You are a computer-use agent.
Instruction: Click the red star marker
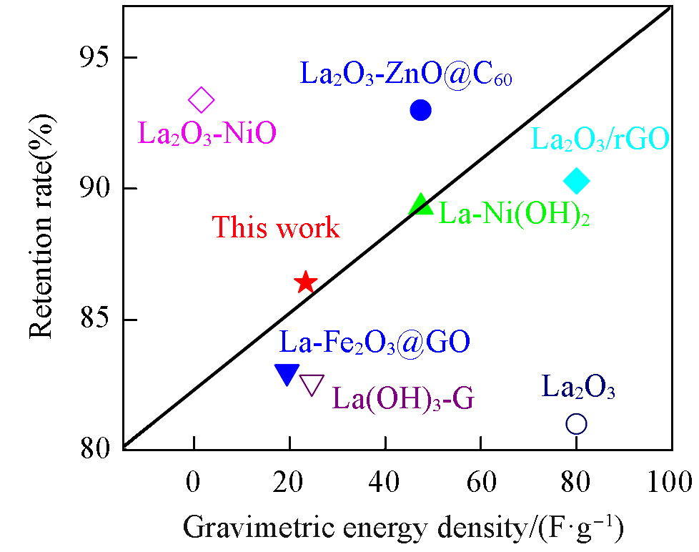(305, 282)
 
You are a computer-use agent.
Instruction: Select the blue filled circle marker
(420, 110)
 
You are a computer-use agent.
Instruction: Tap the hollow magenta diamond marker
(202, 100)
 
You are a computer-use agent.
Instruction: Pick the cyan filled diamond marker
(576, 182)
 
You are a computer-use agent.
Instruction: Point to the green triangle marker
(421, 205)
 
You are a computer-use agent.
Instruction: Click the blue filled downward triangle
(287, 374)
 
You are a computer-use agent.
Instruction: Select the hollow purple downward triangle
(312, 384)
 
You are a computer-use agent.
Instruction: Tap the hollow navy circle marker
(576, 424)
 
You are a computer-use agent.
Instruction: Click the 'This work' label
(276, 228)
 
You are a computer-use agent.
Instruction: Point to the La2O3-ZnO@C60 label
(405, 74)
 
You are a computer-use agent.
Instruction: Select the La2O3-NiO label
(207, 134)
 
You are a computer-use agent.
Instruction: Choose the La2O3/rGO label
(600, 139)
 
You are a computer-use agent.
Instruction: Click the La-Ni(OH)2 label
(514, 214)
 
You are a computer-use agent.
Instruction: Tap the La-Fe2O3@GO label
(375, 342)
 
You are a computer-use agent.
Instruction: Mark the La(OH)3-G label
(403, 397)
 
